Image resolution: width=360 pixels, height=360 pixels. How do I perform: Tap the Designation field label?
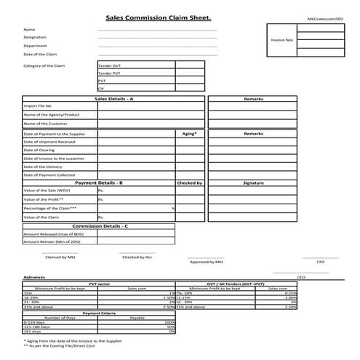[x=35, y=37]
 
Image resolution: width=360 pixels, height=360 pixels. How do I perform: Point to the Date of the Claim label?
[x=40, y=54]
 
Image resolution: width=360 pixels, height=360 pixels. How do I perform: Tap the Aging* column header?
[x=189, y=135]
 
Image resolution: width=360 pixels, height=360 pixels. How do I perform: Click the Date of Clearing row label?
[x=39, y=150]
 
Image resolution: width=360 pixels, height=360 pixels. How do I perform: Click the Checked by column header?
[x=189, y=183]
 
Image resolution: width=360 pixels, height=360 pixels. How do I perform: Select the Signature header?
[x=253, y=183]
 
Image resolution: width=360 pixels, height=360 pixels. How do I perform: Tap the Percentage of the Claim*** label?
[x=50, y=209]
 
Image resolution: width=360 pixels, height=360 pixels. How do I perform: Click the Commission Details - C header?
[x=100, y=226]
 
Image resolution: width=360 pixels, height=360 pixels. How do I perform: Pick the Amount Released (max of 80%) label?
[x=54, y=234]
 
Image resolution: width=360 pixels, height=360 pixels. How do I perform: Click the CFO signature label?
[x=320, y=261]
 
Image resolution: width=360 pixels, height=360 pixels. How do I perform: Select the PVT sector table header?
[x=99, y=284]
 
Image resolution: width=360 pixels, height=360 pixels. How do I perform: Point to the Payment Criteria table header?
[x=100, y=313]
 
